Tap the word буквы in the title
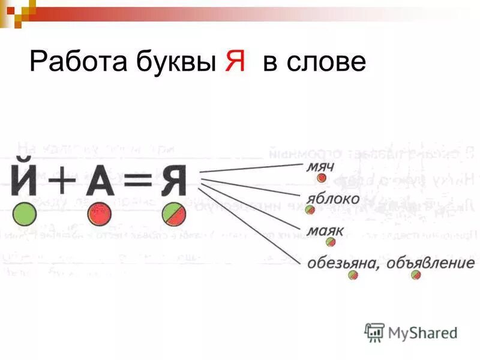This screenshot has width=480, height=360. coord(175,63)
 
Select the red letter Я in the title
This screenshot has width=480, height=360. coord(235,62)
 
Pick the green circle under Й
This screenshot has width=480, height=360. coord(25,214)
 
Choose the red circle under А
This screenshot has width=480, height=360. coord(100,214)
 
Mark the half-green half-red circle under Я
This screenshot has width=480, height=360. coord(174,214)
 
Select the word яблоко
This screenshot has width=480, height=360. coord(334,198)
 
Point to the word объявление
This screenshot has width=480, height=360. coord(430,263)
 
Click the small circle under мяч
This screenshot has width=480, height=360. coord(322,178)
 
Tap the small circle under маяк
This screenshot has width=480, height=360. coord(330,242)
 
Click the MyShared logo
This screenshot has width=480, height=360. coord(411,332)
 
